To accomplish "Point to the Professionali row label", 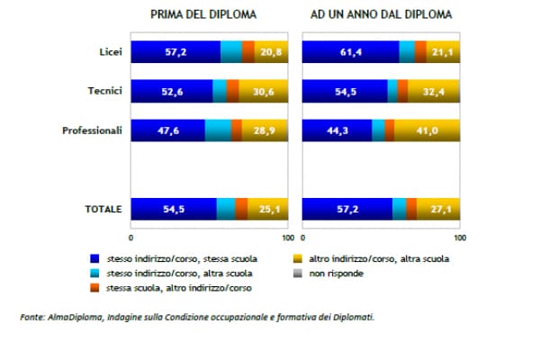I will pyautogui.click(x=92, y=130).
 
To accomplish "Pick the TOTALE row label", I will pyautogui.click(x=103, y=209).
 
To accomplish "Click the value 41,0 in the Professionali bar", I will pyautogui.click(x=427, y=131).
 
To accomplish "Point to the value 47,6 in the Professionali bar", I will pyautogui.click(x=166, y=131).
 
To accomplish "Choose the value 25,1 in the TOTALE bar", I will pyautogui.click(x=266, y=209).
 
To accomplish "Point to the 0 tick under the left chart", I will pyautogui.click(x=131, y=238).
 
